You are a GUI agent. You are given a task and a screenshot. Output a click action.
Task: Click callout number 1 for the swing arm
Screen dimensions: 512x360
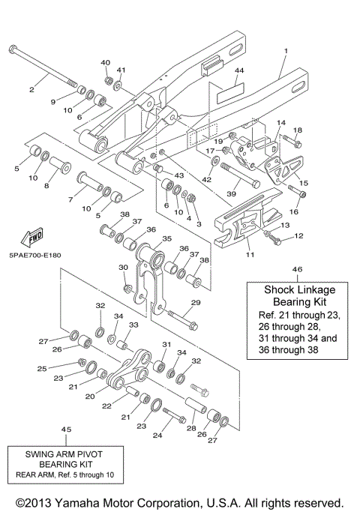tap(286, 51)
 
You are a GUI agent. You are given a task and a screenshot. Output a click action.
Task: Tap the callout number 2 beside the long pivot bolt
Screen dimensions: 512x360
tap(31, 90)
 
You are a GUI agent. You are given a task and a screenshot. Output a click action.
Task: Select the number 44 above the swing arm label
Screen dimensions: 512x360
tap(239, 71)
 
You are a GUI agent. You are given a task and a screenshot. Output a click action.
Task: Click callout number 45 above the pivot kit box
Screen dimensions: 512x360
tap(66, 429)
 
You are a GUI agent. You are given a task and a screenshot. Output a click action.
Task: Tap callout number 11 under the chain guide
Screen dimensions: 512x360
tap(250, 255)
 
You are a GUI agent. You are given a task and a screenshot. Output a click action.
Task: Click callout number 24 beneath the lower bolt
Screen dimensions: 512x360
tap(157, 434)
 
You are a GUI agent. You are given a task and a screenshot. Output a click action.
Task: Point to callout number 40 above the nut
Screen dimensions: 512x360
tap(105, 62)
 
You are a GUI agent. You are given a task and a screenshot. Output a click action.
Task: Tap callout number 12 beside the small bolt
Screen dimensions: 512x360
tap(298, 236)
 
